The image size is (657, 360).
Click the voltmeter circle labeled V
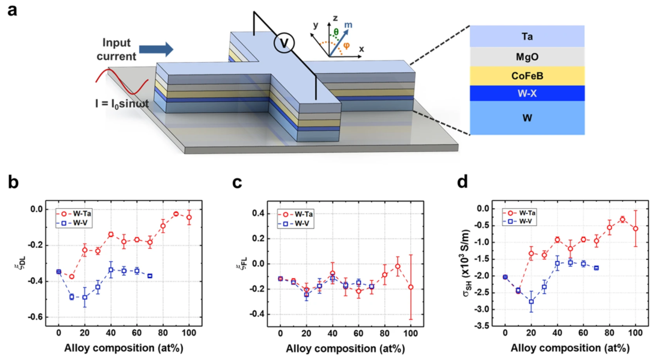283,45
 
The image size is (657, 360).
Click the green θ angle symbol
336,31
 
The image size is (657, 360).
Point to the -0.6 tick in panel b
37,317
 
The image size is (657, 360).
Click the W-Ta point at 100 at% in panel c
411,287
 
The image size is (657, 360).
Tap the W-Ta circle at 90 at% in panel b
176,213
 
